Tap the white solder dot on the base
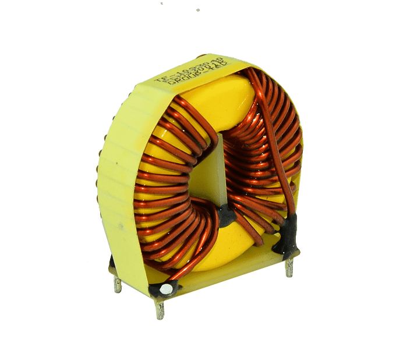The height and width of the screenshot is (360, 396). (167, 288)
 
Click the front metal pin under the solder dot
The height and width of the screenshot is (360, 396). (160, 308)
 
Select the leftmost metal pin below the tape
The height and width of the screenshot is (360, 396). (117, 284)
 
